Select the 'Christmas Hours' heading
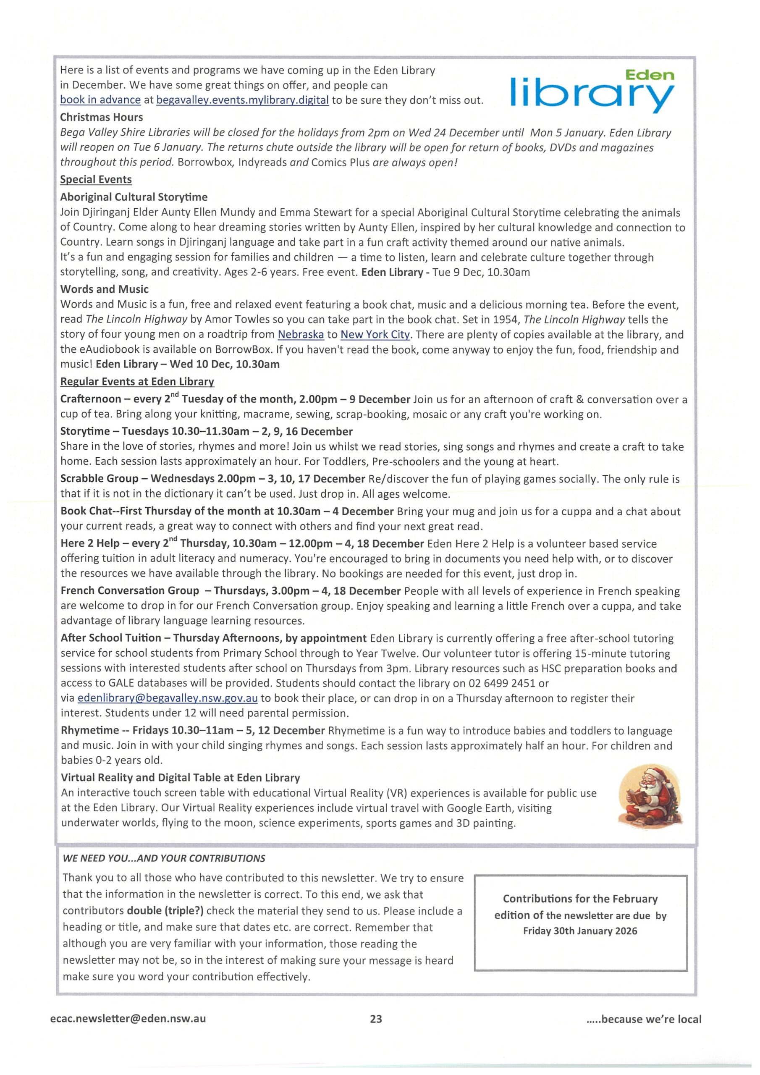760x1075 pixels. [101, 117]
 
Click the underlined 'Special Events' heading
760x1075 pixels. [96, 179]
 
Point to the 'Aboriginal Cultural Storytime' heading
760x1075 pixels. [134, 197]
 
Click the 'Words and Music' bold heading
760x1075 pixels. [104, 289]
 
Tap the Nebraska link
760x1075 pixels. [301, 334]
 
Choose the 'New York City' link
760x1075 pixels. [375, 334]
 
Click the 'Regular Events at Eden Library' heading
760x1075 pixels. [137, 382]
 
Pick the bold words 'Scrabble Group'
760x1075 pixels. [99, 479]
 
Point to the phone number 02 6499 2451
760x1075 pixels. [501, 683]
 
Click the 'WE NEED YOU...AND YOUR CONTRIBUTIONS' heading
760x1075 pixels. [164, 858]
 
